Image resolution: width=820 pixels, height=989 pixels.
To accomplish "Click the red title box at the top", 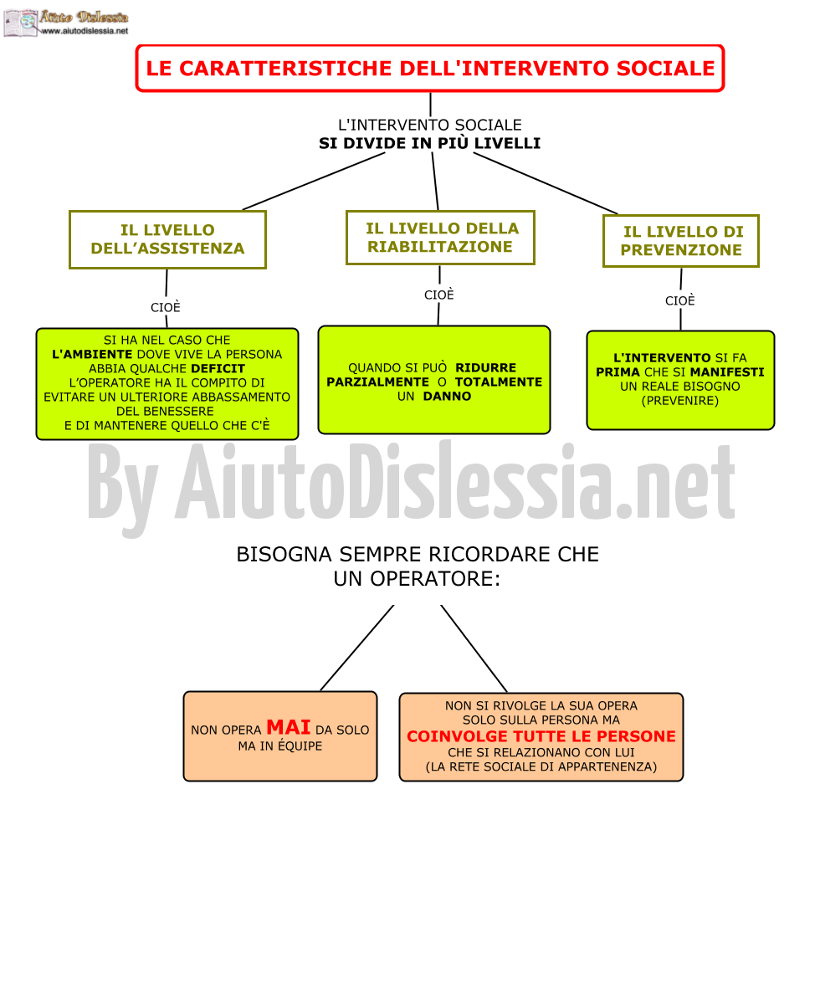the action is coord(429,68).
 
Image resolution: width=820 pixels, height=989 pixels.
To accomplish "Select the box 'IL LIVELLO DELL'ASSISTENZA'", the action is coord(167,239).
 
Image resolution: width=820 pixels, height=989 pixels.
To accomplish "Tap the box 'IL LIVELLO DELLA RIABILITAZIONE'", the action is coord(440,238).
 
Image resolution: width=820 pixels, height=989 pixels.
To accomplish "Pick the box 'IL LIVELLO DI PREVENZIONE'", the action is coord(681,241).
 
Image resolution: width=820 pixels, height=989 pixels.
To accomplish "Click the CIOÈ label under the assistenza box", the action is coord(166,307).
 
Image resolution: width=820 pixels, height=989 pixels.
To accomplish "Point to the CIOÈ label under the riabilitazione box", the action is coord(439,295).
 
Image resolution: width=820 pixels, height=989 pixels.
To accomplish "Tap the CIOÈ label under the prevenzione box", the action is coord(680,301).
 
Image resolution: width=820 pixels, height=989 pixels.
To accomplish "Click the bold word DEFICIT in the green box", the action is coord(218,368).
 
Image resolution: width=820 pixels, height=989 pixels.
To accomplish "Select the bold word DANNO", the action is coord(447,396).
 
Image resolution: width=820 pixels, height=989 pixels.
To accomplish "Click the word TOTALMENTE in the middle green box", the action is coord(499,382).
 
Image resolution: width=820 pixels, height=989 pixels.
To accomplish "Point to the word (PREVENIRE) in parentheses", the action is coord(680,401).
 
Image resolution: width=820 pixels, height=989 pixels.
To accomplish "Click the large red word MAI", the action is coord(289,727).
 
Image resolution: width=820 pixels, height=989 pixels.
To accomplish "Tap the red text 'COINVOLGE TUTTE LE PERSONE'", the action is coord(541,736).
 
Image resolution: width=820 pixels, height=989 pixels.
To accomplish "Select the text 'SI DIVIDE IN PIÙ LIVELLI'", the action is coord(429,143).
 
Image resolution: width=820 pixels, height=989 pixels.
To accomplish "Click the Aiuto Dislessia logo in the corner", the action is coord(65,23).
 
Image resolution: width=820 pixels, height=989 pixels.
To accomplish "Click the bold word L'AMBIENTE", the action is coord(92,355).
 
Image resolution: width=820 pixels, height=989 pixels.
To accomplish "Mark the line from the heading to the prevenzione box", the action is coord(546,183).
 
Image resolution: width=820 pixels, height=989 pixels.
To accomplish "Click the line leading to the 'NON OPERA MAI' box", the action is coord(357,648).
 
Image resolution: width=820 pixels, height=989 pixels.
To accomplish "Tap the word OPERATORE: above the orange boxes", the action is coord(435,578).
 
